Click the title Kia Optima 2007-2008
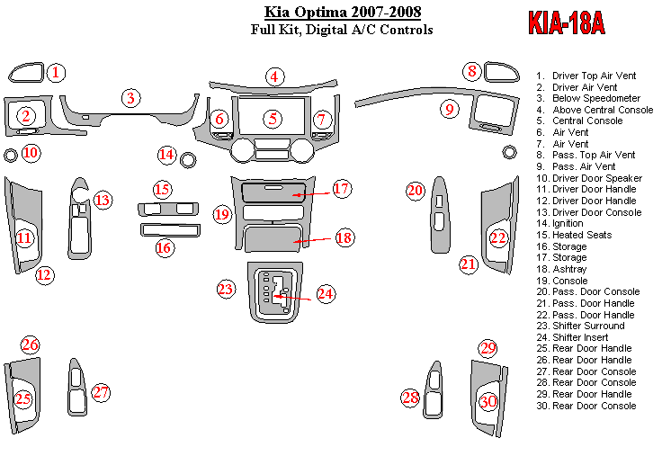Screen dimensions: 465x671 pyautogui.click(x=342, y=13)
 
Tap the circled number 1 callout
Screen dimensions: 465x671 pyautogui.click(x=56, y=72)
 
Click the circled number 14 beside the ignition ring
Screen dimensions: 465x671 pyautogui.click(x=166, y=155)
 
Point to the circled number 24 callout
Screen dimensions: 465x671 pyautogui.click(x=325, y=292)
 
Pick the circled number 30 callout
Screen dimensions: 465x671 pyautogui.click(x=488, y=402)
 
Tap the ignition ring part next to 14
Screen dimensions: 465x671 pyautogui.click(x=189, y=161)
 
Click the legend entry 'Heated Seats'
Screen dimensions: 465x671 pyautogui.click(x=581, y=235)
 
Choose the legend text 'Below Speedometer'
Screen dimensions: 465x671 pyautogui.click(x=595, y=98)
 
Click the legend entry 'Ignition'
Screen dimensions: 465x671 pyautogui.click(x=568, y=223)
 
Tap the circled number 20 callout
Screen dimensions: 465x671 pyautogui.click(x=415, y=191)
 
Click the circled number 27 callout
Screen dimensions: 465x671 pyautogui.click(x=101, y=392)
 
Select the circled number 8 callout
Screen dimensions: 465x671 pyautogui.click(x=471, y=71)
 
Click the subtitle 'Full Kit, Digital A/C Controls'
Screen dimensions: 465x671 pyautogui.click(x=342, y=30)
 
